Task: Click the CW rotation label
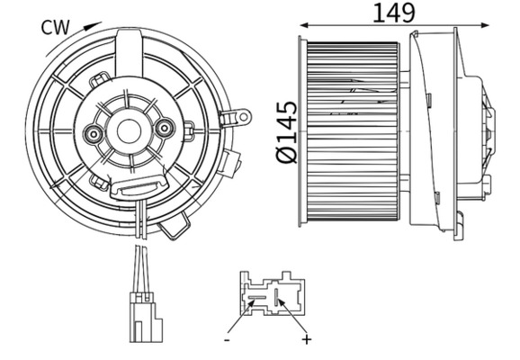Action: [56, 27]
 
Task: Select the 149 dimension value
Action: [393, 13]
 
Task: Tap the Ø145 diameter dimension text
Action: [284, 133]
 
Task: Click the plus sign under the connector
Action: [306, 339]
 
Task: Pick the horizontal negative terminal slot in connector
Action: [258, 293]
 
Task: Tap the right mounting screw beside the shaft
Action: [164, 129]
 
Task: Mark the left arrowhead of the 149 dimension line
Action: [304, 24]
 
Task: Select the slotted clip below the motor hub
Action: [132, 187]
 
